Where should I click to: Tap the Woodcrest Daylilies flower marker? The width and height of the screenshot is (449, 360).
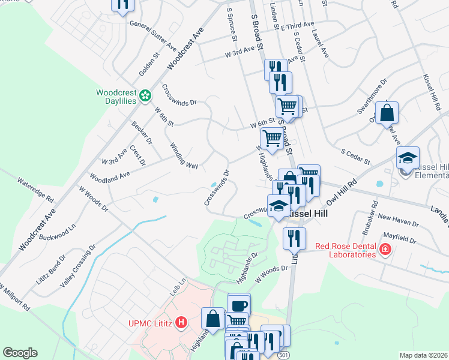coord(145,95)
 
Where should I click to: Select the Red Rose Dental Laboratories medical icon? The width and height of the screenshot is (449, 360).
coord(385,249)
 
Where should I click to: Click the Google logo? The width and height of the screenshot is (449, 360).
coord(20,353)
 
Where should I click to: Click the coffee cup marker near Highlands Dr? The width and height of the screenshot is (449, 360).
coord(239,304)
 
